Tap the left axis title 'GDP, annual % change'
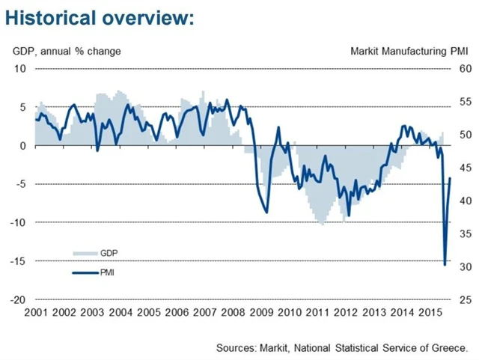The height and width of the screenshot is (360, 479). [66, 51]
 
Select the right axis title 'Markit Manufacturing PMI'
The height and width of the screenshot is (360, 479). [409, 51]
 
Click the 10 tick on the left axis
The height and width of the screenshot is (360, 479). [20, 69]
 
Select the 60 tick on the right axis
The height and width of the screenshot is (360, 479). [464, 69]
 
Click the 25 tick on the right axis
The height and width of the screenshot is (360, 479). [464, 299]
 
